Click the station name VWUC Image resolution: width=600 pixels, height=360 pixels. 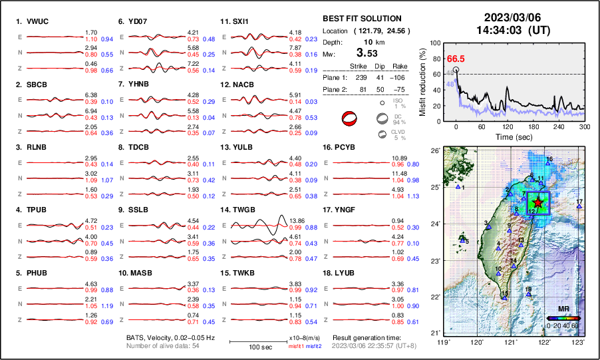[x=41, y=21]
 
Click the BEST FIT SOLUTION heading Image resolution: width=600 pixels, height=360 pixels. [x=361, y=19]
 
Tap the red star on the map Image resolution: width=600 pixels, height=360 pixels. [x=537, y=202]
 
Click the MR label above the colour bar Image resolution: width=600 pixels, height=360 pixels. [x=563, y=309]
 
